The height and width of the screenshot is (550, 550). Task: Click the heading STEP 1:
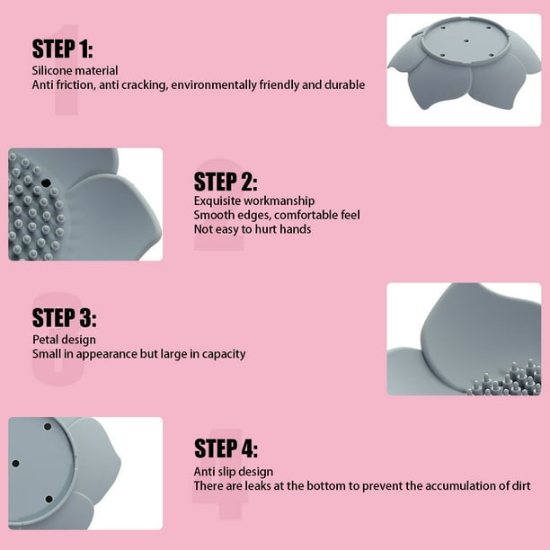[x=62, y=49]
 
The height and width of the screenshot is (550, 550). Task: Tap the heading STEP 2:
[x=226, y=182]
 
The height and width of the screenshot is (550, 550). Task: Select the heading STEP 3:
[x=64, y=317]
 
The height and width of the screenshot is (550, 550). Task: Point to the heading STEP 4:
[x=226, y=448]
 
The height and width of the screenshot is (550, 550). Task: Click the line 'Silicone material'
[x=75, y=70]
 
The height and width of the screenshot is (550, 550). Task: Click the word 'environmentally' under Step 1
[x=214, y=85]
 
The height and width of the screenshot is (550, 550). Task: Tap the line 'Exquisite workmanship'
[x=254, y=201]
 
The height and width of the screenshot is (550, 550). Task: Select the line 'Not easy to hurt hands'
[x=253, y=229]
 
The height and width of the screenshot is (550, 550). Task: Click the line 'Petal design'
[x=64, y=340]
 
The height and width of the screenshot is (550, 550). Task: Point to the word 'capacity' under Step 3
[x=224, y=354]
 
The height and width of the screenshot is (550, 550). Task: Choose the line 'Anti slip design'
[x=234, y=472]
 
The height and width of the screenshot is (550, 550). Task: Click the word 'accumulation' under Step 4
[x=460, y=486]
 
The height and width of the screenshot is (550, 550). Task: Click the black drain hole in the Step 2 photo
[x=46, y=182]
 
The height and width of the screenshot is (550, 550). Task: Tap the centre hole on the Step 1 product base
[x=466, y=41]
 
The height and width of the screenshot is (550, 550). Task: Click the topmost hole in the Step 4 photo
[x=48, y=427]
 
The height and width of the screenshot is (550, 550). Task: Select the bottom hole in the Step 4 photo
[x=49, y=499]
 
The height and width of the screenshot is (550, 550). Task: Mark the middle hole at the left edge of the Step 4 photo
[x=15, y=464]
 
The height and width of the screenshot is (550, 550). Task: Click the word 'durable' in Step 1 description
[x=344, y=84]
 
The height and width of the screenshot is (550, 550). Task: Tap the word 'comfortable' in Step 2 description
[x=303, y=215]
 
